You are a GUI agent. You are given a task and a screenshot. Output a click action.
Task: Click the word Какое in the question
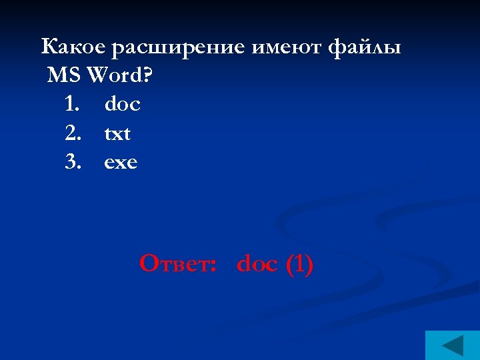(x=73, y=47)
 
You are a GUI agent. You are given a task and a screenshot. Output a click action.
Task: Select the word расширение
(x=179, y=48)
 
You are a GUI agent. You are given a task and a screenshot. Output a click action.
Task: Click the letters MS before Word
(x=64, y=76)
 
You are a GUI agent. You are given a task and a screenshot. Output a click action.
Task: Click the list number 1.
(x=73, y=105)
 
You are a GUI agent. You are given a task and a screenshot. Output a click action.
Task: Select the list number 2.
(x=73, y=134)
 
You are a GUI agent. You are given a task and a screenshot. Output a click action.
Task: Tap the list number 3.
(x=73, y=163)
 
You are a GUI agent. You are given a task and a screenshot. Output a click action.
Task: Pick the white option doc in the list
(x=122, y=105)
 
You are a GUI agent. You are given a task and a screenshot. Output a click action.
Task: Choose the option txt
(x=117, y=134)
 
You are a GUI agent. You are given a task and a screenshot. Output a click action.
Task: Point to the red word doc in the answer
(x=257, y=264)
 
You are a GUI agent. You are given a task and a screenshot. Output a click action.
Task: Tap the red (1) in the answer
(x=299, y=264)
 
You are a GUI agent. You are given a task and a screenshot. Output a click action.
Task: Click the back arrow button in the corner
(x=453, y=345)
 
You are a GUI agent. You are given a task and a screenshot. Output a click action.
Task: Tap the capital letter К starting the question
(x=49, y=47)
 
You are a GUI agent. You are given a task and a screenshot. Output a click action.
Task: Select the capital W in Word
(x=97, y=76)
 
